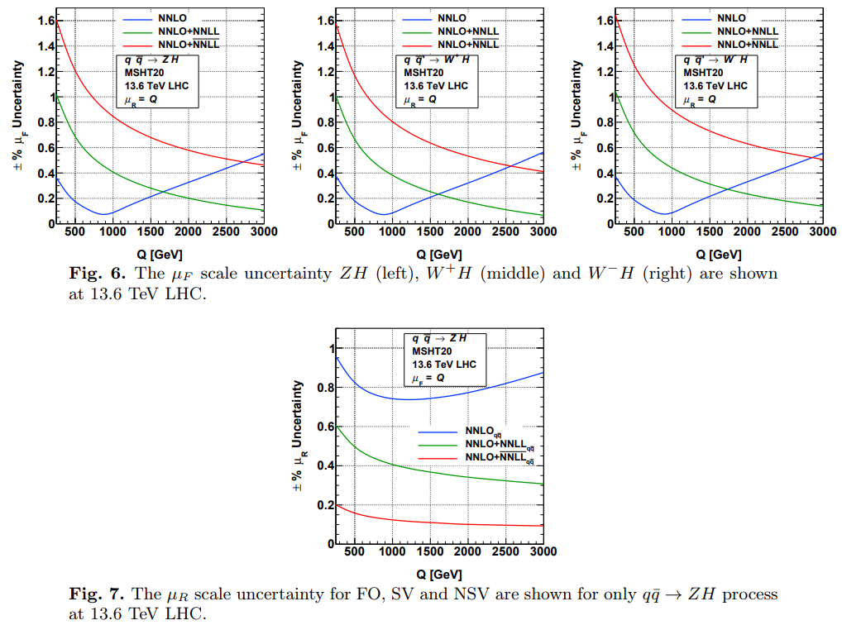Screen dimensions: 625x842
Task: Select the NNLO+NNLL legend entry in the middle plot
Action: (468, 31)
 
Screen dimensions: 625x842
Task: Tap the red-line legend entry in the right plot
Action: (748, 43)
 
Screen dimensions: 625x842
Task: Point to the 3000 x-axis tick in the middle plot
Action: (543, 232)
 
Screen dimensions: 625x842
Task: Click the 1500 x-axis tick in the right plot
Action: (709, 232)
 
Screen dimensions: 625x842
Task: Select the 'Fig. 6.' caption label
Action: (98, 274)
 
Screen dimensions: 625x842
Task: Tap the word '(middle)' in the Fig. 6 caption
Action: (519, 274)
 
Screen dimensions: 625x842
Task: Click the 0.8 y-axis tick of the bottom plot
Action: (323, 387)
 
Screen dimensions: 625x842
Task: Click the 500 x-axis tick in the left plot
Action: (75, 232)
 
